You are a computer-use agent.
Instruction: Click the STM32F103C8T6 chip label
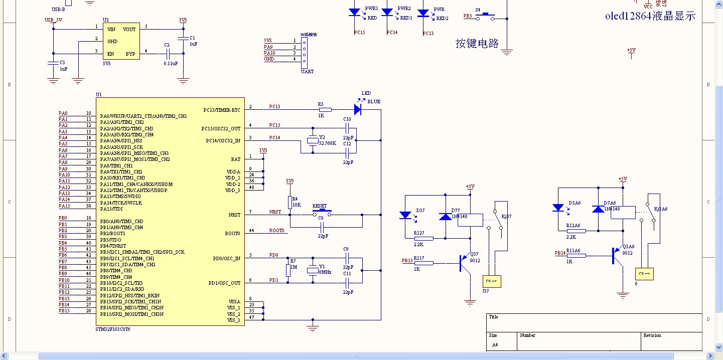(x=113, y=329)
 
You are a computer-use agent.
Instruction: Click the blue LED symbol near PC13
(x=358, y=109)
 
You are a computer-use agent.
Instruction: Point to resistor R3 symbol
(x=325, y=109)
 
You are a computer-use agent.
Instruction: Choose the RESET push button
(x=319, y=213)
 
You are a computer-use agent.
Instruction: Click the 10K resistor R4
(x=290, y=202)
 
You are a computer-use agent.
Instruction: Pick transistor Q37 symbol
(x=464, y=263)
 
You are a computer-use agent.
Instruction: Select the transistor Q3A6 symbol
(x=617, y=255)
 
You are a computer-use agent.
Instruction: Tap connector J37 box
(x=492, y=281)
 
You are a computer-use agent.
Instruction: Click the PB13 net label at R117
(x=407, y=261)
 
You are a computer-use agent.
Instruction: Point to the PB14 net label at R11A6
(x=560, y=253)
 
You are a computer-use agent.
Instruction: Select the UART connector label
(x=307, y=71)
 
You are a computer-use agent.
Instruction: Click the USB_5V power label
(x=53, y=20)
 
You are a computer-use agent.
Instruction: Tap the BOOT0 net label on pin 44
(x=276, y=231)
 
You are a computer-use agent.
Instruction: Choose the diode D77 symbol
(x=445, y=217)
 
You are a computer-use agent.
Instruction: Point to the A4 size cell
(x=495, y=345)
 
